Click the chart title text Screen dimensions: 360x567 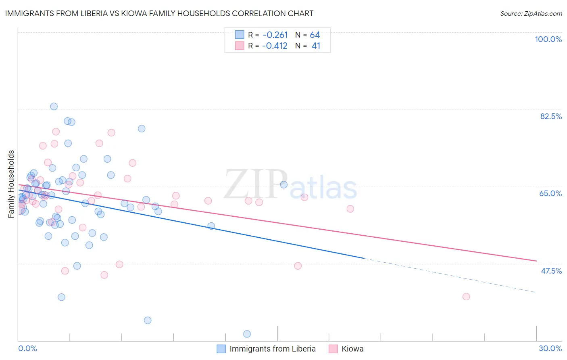[x=159, y=13]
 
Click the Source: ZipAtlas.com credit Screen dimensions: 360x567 [x=531, y=14]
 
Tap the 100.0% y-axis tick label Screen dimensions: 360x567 [x=548, y=39]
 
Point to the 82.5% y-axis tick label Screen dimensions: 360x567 [x=551, y=116]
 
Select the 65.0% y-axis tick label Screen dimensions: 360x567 [x=550, y=193]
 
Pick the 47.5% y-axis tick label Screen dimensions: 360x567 [x=551, y=271]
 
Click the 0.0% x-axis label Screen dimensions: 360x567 [x=27, y=348]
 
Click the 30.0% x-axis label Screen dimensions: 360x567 [x=550, y=348]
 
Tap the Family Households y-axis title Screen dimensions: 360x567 [x=11, y=184]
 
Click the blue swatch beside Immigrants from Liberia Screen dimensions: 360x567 [x=221, y=349]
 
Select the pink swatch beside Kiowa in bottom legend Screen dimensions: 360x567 [x=333, y=349]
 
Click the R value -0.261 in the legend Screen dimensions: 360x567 [x=275, y=35]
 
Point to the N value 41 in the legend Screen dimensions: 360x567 [x=316, y=46]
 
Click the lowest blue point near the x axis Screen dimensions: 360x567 [x=247, y=334]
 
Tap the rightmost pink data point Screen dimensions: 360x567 [x=466, y=297]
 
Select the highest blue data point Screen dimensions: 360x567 [x=54, y=107]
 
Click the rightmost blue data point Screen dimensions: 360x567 [x=283, y=184]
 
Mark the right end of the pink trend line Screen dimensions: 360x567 [x=536, y=261]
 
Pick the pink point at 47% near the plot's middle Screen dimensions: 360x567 [x=298, y=266]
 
